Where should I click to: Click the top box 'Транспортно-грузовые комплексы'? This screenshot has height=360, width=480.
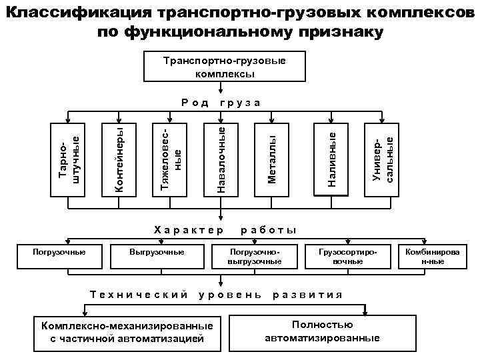click(224, 66)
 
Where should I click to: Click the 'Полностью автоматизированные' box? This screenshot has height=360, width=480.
click(322, 331)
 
